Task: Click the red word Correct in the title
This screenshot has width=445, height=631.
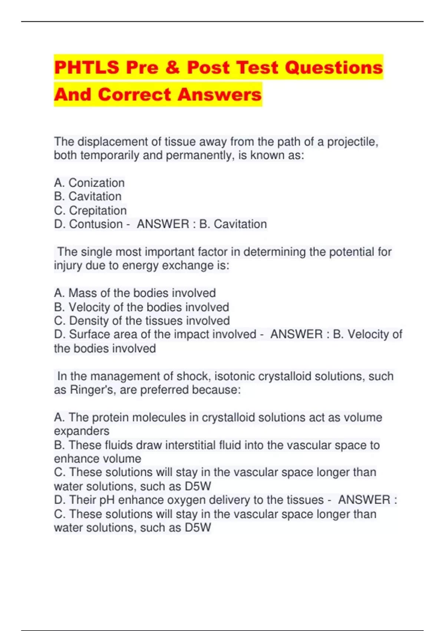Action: point(136,94)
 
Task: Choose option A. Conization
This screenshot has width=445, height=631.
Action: point(89,183)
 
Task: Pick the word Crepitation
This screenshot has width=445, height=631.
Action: point(98,210)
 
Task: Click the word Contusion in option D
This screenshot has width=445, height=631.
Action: point(96,224)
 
